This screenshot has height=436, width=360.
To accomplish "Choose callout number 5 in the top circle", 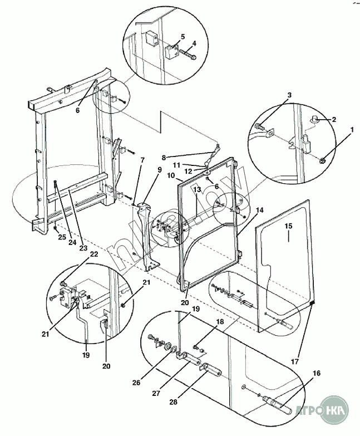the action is coord(182,37).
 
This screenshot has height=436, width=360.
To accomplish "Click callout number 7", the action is coord(142,160).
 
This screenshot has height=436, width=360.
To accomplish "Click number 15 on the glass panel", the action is coord(288,227).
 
